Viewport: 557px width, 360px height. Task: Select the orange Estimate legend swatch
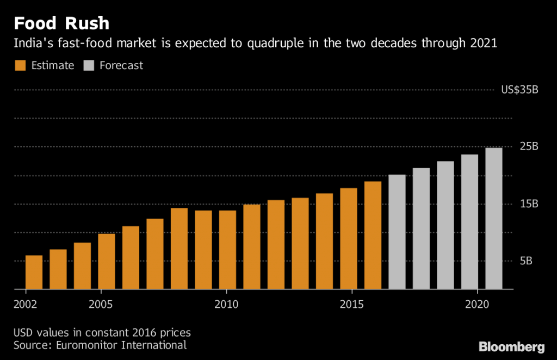[20, 66]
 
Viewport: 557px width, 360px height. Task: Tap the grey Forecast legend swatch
[89, 66]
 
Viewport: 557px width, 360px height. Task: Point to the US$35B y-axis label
[520, 90]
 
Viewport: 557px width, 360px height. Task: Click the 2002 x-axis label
[26, 303]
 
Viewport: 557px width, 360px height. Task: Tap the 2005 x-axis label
[101, 303]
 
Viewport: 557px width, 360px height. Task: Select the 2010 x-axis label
[226, 303]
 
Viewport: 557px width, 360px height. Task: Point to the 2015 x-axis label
[351, 303]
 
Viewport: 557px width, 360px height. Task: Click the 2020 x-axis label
[476, 303]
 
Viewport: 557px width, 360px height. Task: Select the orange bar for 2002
[34, 272]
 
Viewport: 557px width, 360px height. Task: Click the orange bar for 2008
[179, 249]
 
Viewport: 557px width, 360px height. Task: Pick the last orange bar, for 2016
[373, 235]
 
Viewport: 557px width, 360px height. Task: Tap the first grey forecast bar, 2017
[397, 232]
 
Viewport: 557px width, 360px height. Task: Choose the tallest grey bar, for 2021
[494, 218]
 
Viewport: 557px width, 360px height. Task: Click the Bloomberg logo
[511, 346]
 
